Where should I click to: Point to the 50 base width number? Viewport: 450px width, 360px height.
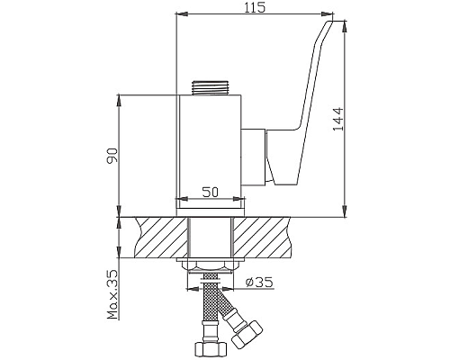click(x=211, y=193)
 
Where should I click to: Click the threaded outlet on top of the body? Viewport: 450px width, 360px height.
click(x=212, y=88)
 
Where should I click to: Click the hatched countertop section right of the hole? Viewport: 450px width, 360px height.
click(x=270, y=237)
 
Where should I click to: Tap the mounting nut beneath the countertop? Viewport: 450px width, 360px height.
click(x=211, y=264)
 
